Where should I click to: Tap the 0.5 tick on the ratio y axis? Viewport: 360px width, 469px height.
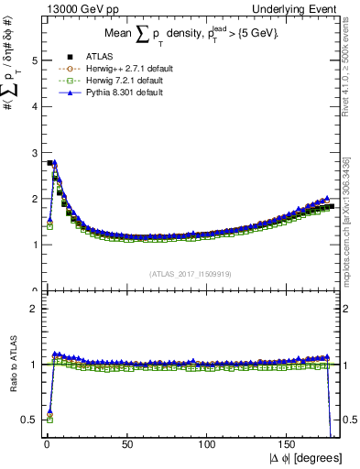coord(28,420)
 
